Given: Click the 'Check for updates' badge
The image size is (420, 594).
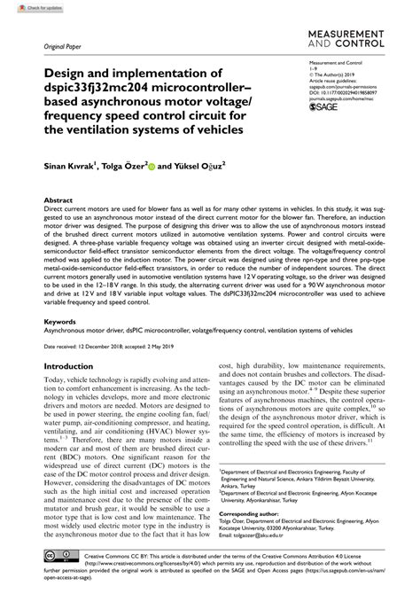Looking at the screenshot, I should [x=26, y=7].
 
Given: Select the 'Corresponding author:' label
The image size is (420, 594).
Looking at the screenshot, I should [x=250, y=514].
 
